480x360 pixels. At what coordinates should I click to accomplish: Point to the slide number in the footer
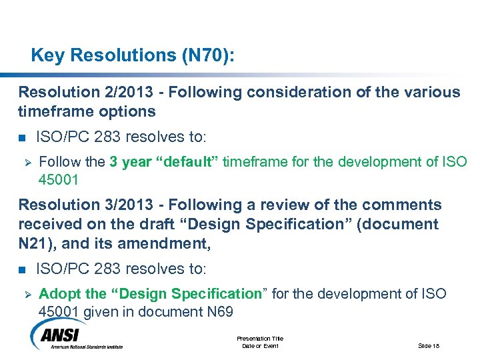coord(429,345)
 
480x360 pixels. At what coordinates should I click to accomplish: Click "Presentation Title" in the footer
coord(259,339)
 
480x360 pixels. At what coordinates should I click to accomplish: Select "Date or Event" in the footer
coord(259,345)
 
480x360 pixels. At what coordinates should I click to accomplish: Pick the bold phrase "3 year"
coord(131,161)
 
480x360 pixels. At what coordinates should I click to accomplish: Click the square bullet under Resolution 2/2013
coord(22,138)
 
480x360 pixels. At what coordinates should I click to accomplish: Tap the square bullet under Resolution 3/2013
coord(22,270)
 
